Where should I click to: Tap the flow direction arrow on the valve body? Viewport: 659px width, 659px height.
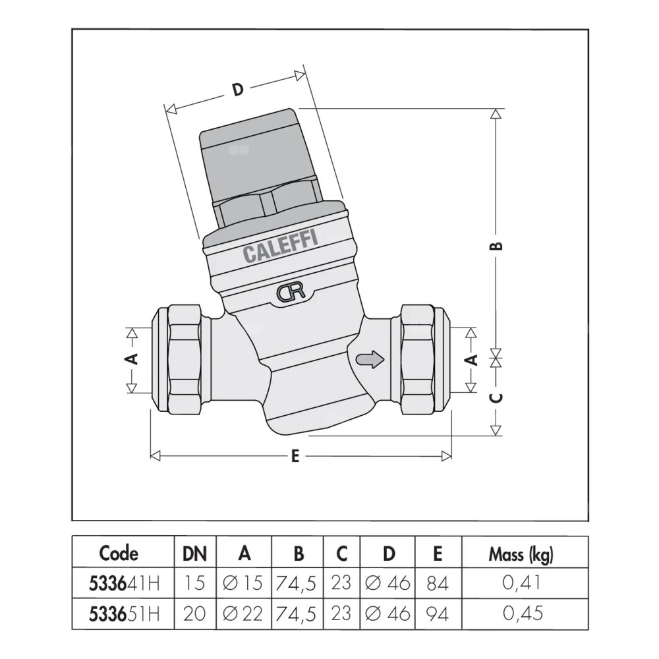pyautogui.click(x=369, y=359)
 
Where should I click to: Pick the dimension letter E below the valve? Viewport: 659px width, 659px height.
pyautogui.click(x=295, y=456)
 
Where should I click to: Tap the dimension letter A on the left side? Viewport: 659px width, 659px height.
pyautogui.click(x=131, y=359)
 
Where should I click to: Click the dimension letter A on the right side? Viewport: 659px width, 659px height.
pyautogui.click(x=471, y=359)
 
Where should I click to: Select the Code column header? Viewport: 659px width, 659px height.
pyautogui.click(x=119, y=554)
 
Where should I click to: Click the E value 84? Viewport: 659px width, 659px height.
pyautogui.click(x=437, y=583)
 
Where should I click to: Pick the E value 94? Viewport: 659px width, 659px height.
pyautogui.click(x=437, y=614)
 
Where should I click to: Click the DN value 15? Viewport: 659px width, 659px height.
pyautogui.click(x=194, y=583)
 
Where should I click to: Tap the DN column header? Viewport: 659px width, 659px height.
pyautogui.click(x=194, y=554)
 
